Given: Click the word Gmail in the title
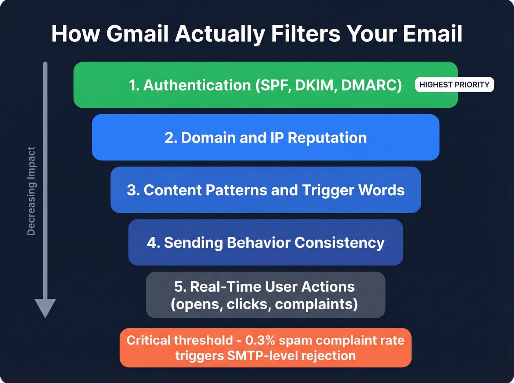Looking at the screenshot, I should click(x=137, y=34).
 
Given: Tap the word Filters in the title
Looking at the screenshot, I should click(x=305, y=34).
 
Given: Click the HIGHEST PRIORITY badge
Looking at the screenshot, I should click(x=454, y=85).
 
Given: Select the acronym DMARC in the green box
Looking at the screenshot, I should click(x=371, y=85).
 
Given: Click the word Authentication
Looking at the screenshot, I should click(x=197, y=85).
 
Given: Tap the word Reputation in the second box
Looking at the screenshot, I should click(x=327, y=138).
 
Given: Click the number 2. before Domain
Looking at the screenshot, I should click(x=171, y=138).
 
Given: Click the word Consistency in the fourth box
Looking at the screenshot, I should click(x=339, y=243).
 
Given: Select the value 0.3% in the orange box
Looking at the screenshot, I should click(x=260, y=340).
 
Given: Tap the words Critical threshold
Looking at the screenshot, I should click(x=180, y=340).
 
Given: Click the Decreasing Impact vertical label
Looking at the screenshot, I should click(x=32, y=191).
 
